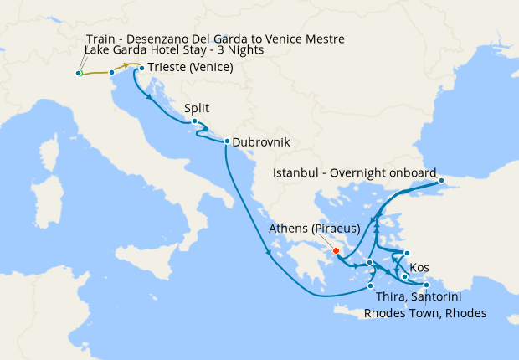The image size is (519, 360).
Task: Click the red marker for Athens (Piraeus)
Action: (x=335, y=250)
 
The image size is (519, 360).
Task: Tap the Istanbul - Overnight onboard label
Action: (x=355, y=173)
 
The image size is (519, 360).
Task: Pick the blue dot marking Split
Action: (x=194, y=121)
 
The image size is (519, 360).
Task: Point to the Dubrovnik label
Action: (x=261, y=142)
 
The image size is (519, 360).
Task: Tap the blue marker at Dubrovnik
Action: (x=227, y=141)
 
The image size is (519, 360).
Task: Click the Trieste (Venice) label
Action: (x=190, y=68)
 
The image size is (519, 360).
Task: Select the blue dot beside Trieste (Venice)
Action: (x=141, y=68)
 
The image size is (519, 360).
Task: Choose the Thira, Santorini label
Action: (x=414, y=297)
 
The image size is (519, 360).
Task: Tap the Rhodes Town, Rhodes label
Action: (x=424, y=313)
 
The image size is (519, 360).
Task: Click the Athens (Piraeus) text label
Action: (x=315, y=229)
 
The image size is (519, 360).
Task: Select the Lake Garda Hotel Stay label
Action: (x=174, y=50)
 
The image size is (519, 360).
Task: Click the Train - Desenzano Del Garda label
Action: (x=215, y=39)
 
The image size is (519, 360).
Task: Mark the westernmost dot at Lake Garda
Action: (x=78, y=74)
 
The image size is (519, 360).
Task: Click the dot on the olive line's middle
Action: (x=111, y=73)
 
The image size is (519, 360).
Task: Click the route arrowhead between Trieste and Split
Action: (x=150, y=97)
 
